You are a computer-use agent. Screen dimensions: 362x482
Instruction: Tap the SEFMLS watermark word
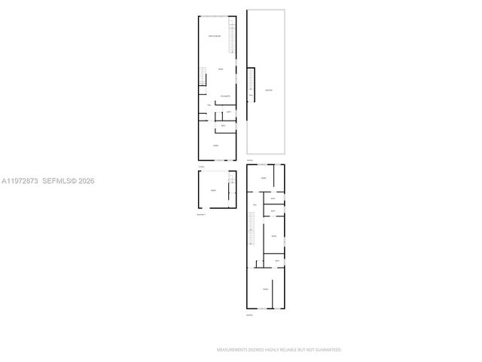coord(57,181)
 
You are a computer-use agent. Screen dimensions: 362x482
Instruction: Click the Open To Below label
coord(215,36)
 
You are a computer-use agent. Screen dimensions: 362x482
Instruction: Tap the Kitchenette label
coord(224,96)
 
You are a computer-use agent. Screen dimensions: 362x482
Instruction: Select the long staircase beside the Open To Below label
coord(233,35)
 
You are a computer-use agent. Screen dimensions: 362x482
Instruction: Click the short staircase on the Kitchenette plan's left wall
coord(203,76)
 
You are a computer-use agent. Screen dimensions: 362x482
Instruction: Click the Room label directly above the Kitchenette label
coord(221,69)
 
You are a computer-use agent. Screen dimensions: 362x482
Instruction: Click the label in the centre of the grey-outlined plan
coord(267,90)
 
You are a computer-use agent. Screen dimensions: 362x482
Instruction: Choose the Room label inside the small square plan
coord(213,191)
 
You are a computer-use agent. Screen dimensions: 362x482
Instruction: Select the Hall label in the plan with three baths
coord(256,205)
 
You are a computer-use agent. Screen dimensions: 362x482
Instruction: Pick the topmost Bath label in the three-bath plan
coord(273,198)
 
